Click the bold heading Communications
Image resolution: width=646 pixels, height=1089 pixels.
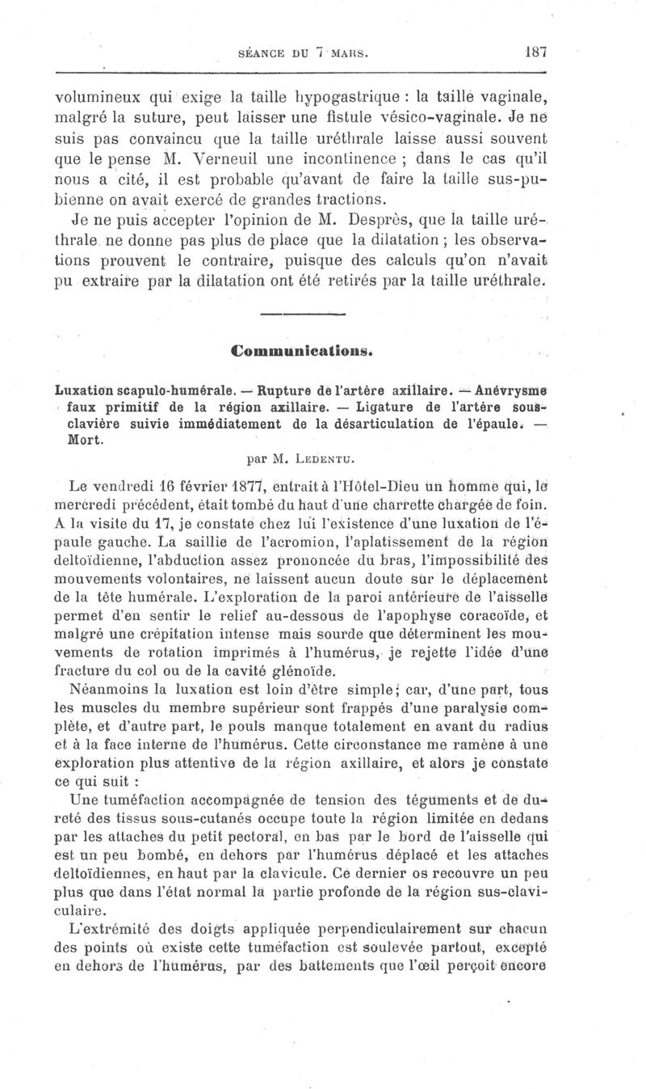pyautogui.click(x=301, y=352)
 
